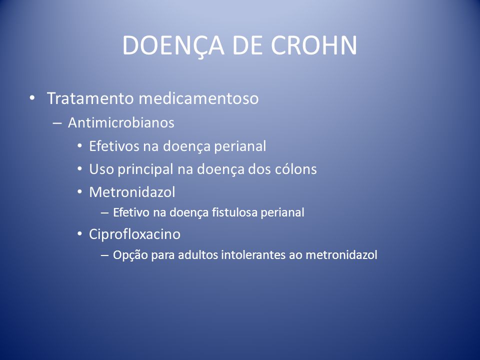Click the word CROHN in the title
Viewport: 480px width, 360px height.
(314, 45)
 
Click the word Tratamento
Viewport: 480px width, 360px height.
(90, 98)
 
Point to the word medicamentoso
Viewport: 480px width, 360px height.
(198, 98)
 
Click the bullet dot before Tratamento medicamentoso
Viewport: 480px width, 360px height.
(32, 98)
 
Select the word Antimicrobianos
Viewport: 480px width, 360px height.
(121, 123)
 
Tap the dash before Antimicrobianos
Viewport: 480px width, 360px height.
(57, 123)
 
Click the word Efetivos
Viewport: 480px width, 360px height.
(113, 146)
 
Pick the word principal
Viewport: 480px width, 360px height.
(145, 169)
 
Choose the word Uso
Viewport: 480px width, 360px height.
(101, 169)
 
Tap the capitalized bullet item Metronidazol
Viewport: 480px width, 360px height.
(132, 192)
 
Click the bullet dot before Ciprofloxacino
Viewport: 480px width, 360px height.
(79, 234)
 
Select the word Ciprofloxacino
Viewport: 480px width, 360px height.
(134, 234)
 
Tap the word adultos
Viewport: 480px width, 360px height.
(198, 254)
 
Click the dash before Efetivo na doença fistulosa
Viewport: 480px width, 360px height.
(104, 213)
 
